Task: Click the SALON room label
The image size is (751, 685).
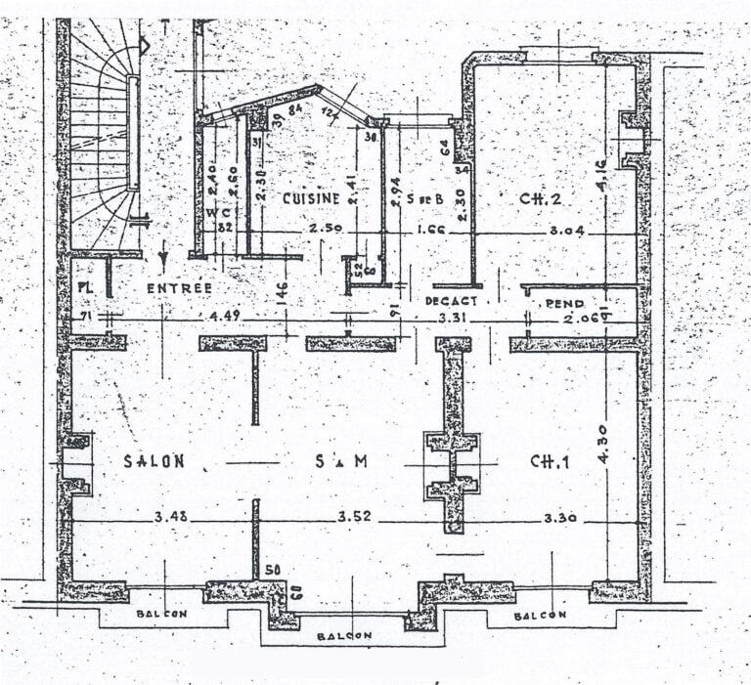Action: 154,462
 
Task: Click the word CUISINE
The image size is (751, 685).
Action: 311,198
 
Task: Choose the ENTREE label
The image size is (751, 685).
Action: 179,288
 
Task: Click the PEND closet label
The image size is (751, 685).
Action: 564,304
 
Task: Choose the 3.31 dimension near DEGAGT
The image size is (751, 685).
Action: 452,319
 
